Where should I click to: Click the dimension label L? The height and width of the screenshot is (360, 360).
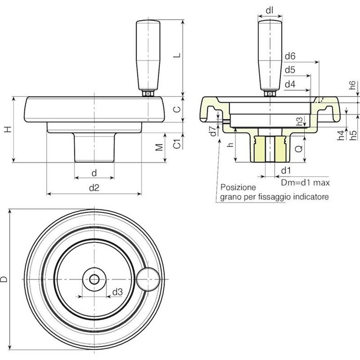pyautogui.click(x=176, y=55)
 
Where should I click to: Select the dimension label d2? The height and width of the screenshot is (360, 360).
pyautogui.click(x=94, y=187)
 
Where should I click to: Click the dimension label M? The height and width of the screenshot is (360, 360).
pyautogui.click(x=159, y=147)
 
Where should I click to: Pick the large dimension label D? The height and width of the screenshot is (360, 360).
pyautogui.click(x=4, y=279)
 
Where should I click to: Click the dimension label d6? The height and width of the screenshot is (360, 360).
pyautogui.click(x=290, y=56)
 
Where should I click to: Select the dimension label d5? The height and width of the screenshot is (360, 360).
pyautogui.click(x=290, y=70)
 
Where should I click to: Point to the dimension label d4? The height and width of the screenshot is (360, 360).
pyautogui.click(x=290, y=84)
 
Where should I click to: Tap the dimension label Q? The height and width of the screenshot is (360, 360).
pyautogui.click(x=298, y=149)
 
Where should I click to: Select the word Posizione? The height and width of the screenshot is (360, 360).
pyautogui.click(x=238, y=187)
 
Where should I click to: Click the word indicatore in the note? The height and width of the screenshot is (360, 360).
pyautogui.click(x=311, y=197)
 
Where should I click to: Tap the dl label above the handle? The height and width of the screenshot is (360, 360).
pyautogui.click(x=270, y=9)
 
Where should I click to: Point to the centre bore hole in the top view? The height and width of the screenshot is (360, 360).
pyautogui.click(x=94, y=279)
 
